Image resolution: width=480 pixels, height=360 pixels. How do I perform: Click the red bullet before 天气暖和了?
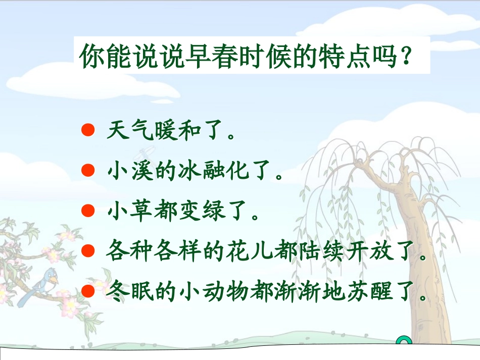(x=88, y=130)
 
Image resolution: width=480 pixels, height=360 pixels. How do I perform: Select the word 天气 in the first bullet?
(x=131, y=131)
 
